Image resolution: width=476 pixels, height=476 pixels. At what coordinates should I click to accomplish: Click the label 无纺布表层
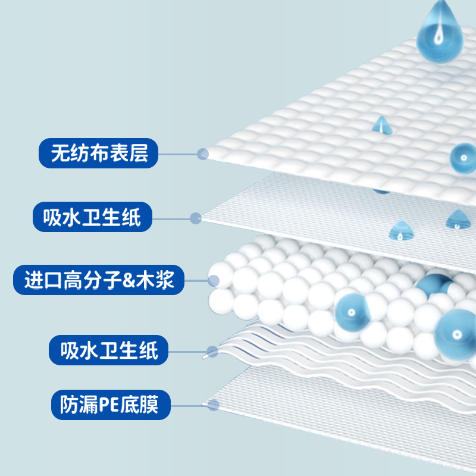[x=98, y=154]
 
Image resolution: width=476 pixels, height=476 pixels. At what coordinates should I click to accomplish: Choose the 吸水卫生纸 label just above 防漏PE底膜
[x=109, y=349]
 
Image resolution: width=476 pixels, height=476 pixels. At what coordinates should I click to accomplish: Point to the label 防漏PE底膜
[x=111, y=405]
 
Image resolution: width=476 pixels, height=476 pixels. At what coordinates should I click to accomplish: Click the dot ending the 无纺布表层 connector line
[x=203, y=154]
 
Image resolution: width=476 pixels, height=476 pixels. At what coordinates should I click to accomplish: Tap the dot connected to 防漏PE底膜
[x=214, y=405]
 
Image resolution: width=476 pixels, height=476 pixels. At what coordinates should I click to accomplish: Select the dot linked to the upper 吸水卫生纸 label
[x=195, y=218]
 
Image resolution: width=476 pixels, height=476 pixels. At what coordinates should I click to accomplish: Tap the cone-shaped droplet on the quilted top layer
[x=380, y=125]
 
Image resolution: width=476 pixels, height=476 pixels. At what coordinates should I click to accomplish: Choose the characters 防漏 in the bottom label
[x=77, y=405]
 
